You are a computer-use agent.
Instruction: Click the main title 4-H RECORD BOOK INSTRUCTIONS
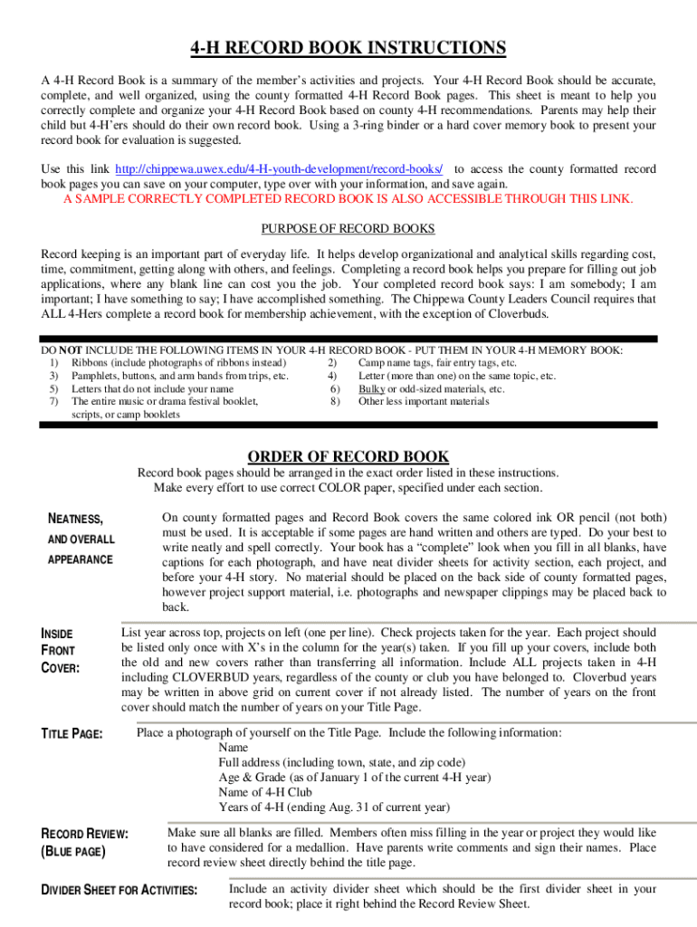point(348,48)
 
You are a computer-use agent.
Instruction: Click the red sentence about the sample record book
point(348,199)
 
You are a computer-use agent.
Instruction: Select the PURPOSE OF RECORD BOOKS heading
point(348,228)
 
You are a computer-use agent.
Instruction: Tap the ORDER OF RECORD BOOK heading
point(348,457)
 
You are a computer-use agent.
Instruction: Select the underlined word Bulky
point(372,388)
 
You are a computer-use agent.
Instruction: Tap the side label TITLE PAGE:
point(72,734)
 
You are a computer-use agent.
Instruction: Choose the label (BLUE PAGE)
point(74,852)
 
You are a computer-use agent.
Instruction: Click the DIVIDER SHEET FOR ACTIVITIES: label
point(120,891)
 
